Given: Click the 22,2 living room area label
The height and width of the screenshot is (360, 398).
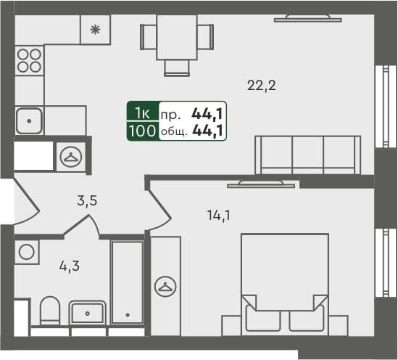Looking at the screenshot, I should (x=262, y=85).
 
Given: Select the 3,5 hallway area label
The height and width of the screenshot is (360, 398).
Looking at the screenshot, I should (x=87, y=202).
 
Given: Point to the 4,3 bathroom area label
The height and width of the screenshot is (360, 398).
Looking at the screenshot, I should (x=69, y=266).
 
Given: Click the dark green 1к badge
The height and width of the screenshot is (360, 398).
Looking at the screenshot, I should (x=141, y=112).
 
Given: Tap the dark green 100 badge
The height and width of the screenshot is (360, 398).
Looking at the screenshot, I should (x=141, y=131).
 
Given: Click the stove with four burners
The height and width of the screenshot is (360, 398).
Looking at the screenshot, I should (x=29, y=60).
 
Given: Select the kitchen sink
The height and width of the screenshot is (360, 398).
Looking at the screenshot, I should (x=30, y=120).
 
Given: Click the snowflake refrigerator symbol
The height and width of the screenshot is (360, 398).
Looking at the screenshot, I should (x=95, y=30).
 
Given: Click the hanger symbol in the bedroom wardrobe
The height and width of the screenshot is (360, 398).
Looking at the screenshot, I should (x=165, y=286).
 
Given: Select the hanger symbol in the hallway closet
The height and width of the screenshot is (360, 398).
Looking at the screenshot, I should (x=71, y=155).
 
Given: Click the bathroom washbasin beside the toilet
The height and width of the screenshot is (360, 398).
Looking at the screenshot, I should (x=88, y=314).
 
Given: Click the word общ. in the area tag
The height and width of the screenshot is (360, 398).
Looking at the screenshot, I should (x=173, y=131).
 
